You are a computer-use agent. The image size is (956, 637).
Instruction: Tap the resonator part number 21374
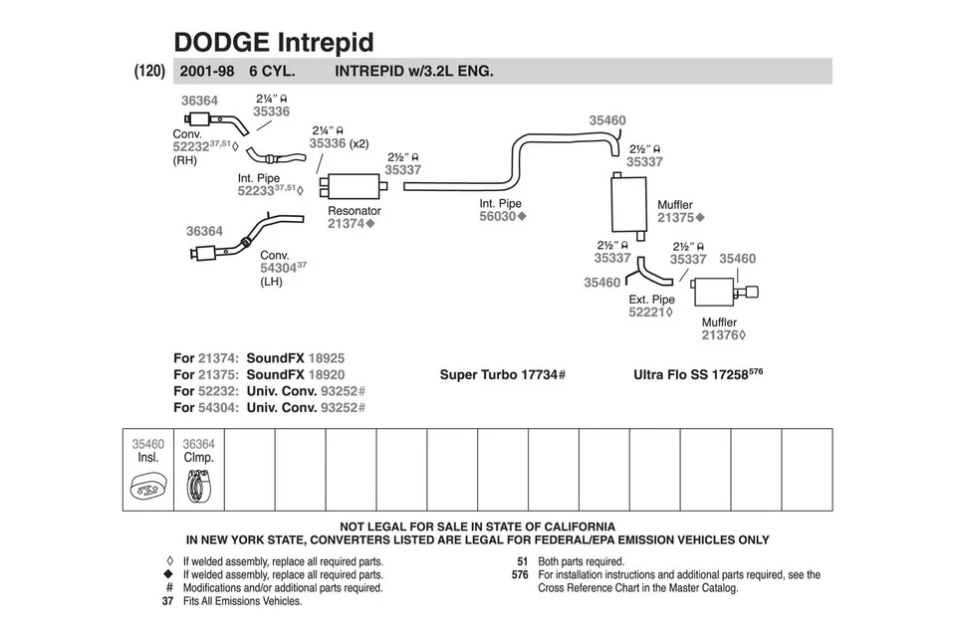347,224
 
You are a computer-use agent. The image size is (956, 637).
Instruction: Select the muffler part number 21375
676,218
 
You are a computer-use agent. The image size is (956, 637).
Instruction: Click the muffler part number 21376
720,335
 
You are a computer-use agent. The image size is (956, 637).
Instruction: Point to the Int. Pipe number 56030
498,216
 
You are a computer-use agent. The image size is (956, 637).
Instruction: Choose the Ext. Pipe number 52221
647,312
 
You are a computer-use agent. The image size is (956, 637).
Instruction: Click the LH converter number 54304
278,268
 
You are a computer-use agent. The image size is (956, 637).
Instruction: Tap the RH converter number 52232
191,145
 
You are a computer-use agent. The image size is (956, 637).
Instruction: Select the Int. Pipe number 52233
256,190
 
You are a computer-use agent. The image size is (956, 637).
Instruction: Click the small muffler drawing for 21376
713,293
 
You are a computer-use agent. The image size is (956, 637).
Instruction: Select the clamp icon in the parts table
199,488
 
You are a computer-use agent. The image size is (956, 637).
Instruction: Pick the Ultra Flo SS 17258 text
697,375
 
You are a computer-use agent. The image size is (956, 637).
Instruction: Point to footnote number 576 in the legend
519,574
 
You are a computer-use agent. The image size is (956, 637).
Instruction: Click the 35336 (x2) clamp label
338,143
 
